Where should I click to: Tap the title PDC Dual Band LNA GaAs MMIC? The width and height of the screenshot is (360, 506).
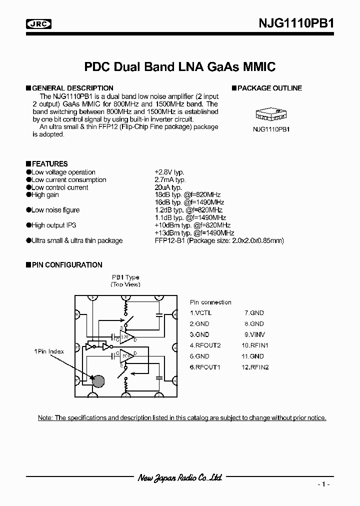pyautogui.click(x=179, y=66)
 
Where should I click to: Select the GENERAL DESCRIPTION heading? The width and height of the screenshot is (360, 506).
pyautogui.click(x=72, y=88)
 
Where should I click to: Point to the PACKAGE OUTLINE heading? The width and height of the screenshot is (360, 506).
pyautogui.click(x=269, y=88)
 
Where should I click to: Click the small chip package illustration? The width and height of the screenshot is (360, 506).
pyautogui.click(x=270, y=114)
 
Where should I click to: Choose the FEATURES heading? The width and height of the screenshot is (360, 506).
pyautogui.click(x=49, y=164)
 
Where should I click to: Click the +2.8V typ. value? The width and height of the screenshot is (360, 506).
pyautogui.click(x=169, y=172)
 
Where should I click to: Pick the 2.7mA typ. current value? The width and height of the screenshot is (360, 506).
pyautogui.click(x=170, y=179)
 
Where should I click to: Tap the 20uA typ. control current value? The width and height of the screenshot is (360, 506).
pyautogui.click(x=168, y=187)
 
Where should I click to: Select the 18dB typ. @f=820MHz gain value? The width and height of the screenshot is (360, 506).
pyautogui.click(x=187, y=195)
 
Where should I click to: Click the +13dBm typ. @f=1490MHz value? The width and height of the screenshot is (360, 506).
pyautogui.click(x=194, y=233)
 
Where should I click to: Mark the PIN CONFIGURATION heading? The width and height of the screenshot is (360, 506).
pyautogui.click(x=67, y=265)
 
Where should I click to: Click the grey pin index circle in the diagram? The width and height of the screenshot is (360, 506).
pyautogui.click(x=98, y=381)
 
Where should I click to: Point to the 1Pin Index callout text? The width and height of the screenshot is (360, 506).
pyautogui.click(x=49, y=351)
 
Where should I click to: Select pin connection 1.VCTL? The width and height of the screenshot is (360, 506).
pyautogui.click(x=201, y=312)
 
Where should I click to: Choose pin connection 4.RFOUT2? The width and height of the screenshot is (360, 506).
pyautogui.click(x=205, y=345)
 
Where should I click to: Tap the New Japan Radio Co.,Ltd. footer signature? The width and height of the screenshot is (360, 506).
pyautogui.click(x=179, y=478)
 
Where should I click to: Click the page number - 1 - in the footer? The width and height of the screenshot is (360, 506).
pyautogui.click(x=323, y=484)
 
